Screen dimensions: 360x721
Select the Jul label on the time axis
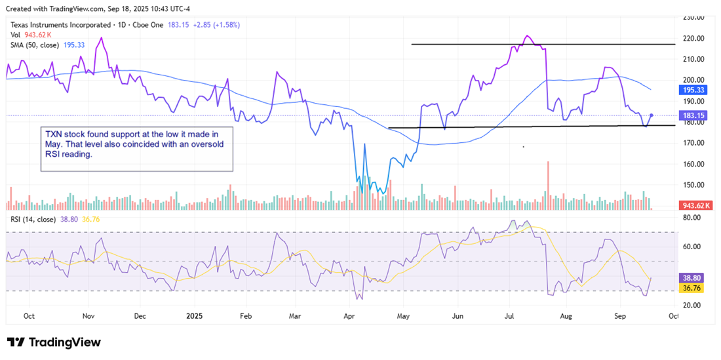[513, 315]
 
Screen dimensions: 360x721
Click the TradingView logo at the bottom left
[54, 342]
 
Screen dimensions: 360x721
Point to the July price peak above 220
[528, 36]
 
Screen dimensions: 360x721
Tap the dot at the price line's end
[651, 115]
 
